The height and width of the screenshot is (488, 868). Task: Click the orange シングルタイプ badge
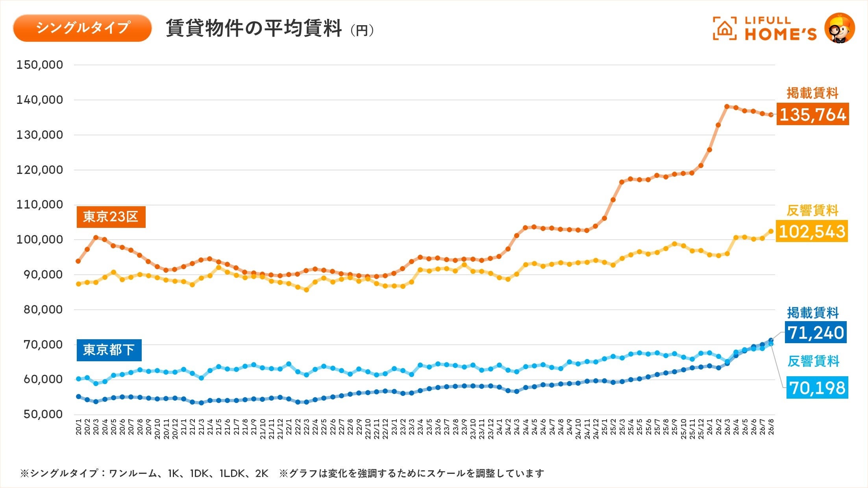pyautogui.click(x=82, y=28)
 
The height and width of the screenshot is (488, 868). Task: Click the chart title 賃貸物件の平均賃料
pyautogui.click(x=254, y=28)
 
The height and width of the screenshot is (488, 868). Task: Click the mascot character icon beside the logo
pyautogui.click(x=840, y=28)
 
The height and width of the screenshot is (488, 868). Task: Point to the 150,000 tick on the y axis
pyautogui.click(x=39, y=65)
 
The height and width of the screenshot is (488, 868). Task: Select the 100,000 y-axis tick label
pyautogui.click(x=39, y=240)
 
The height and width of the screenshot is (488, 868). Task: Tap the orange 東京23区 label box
pyautogui.click(x=111, y=217)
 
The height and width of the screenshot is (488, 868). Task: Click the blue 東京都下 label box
pyautogui.click(x=109, y=350)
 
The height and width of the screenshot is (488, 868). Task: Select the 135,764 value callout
pyautogui.click(x=812, y=115)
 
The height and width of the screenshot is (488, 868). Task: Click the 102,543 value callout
pyautogui.click(x=812, y=231)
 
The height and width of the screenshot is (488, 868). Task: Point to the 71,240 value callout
pyautogui.click(x=816, y=333)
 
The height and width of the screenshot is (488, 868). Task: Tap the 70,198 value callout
pyautogui.click(x=817, y=388)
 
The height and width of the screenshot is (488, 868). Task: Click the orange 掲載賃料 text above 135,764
pyautogui.click(x=812, y=93)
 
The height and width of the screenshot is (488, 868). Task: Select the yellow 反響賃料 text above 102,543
pyautogui.click(x=812, y=211)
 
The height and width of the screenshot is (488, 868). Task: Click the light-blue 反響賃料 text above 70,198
pyautogui.click(x=813, y=361)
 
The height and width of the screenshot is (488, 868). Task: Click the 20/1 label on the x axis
pyautogui.click(x=78, y=427)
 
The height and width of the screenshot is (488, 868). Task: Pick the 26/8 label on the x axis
pyautogui.click(x=771, y=427)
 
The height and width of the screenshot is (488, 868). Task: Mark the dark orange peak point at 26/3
pyautogui.click(x=727, y=107)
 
